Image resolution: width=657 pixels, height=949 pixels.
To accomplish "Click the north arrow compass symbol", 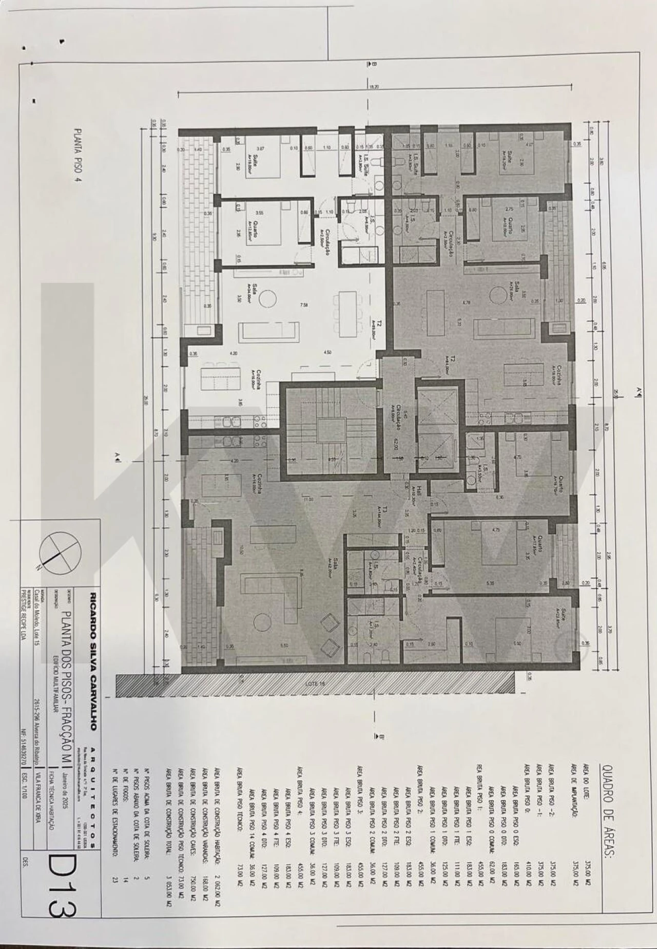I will [x=61, y=553].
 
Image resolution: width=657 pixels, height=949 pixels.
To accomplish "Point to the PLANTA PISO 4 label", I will [x=78, y=156].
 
